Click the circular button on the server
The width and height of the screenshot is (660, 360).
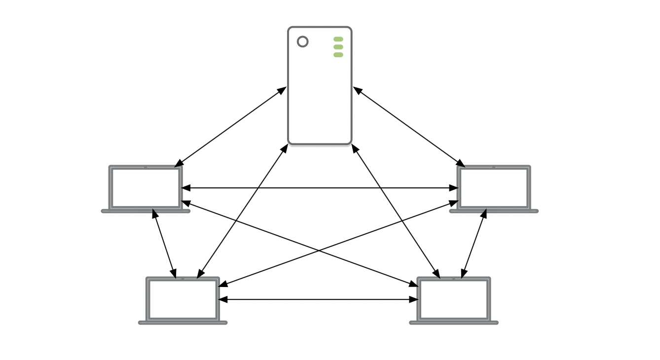coord(303,42)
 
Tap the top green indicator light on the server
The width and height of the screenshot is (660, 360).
coord(338,39)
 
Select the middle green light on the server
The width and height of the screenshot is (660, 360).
coord(338,47)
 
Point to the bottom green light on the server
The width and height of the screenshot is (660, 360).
coord(338,55)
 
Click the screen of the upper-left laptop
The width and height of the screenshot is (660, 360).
coord(146,187)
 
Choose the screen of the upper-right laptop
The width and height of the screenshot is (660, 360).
coord(494,187)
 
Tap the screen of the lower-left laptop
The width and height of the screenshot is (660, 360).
coord(183,299)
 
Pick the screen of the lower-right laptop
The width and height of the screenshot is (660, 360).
coord(454,299)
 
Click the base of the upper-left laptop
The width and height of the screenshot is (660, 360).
coord(146,211)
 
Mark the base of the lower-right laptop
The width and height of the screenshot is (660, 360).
coord(454,323)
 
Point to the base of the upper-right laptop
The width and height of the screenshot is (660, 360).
coord(494,211)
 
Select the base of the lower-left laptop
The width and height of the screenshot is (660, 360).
coord(183,323)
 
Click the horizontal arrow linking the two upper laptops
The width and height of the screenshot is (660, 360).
coord(320,188)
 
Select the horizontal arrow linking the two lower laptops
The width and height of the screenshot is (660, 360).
coord(318,299)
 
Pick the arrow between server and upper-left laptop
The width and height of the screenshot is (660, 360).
coord(230,127)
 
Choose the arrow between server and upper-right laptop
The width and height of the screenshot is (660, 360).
coord(409,127)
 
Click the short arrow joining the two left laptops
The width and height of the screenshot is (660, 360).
coord(164,244)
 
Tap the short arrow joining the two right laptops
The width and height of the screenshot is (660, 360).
coord(474,244)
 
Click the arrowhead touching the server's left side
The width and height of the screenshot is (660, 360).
coord(282,90)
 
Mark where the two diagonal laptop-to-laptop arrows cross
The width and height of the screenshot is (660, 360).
coord(319,251)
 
